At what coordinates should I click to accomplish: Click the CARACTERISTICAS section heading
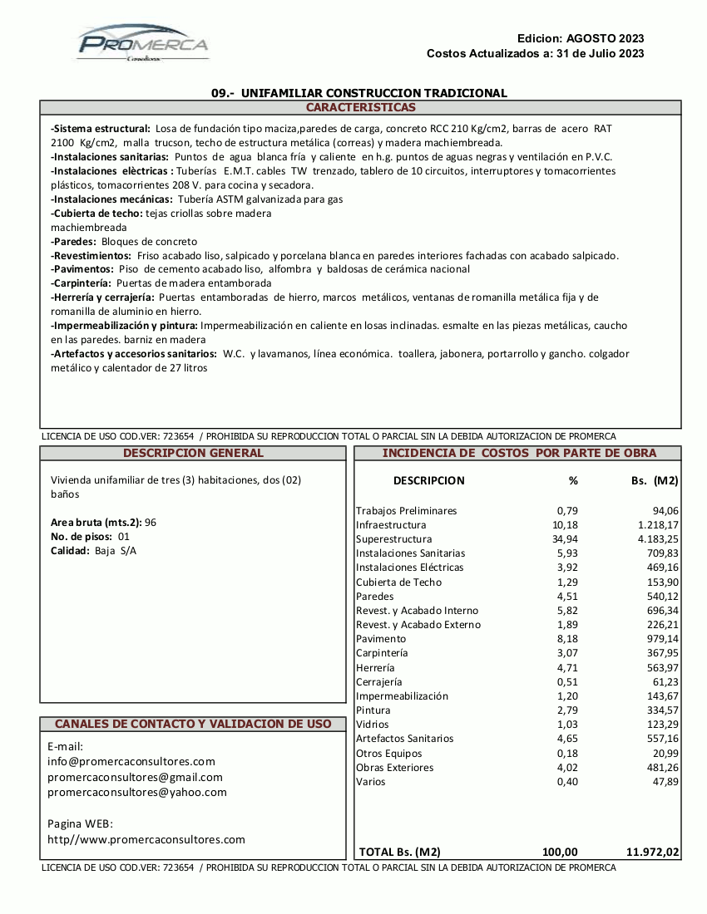coord(360,108)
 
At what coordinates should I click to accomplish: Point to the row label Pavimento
coord(381,639)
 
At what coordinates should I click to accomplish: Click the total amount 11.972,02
coord(652,852)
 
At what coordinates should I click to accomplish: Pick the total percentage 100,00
coord(559,852)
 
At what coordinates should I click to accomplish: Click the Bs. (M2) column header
coord(655,480)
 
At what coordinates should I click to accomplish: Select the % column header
coord(572,480)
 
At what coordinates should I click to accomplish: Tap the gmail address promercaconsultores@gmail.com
coord(135,777)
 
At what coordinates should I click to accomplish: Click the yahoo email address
coord(136,792)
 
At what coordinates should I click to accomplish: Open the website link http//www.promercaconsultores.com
coord(146,839)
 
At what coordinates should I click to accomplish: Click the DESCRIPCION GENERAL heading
coord(193,454)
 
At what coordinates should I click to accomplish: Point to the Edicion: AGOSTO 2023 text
coord(580,38)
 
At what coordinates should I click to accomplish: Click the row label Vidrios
coord(372,725)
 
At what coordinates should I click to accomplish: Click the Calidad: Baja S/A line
coord(93,551)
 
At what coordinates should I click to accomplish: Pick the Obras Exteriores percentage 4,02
coord(566,767)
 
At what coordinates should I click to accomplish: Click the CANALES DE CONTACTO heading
coord(193,725)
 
